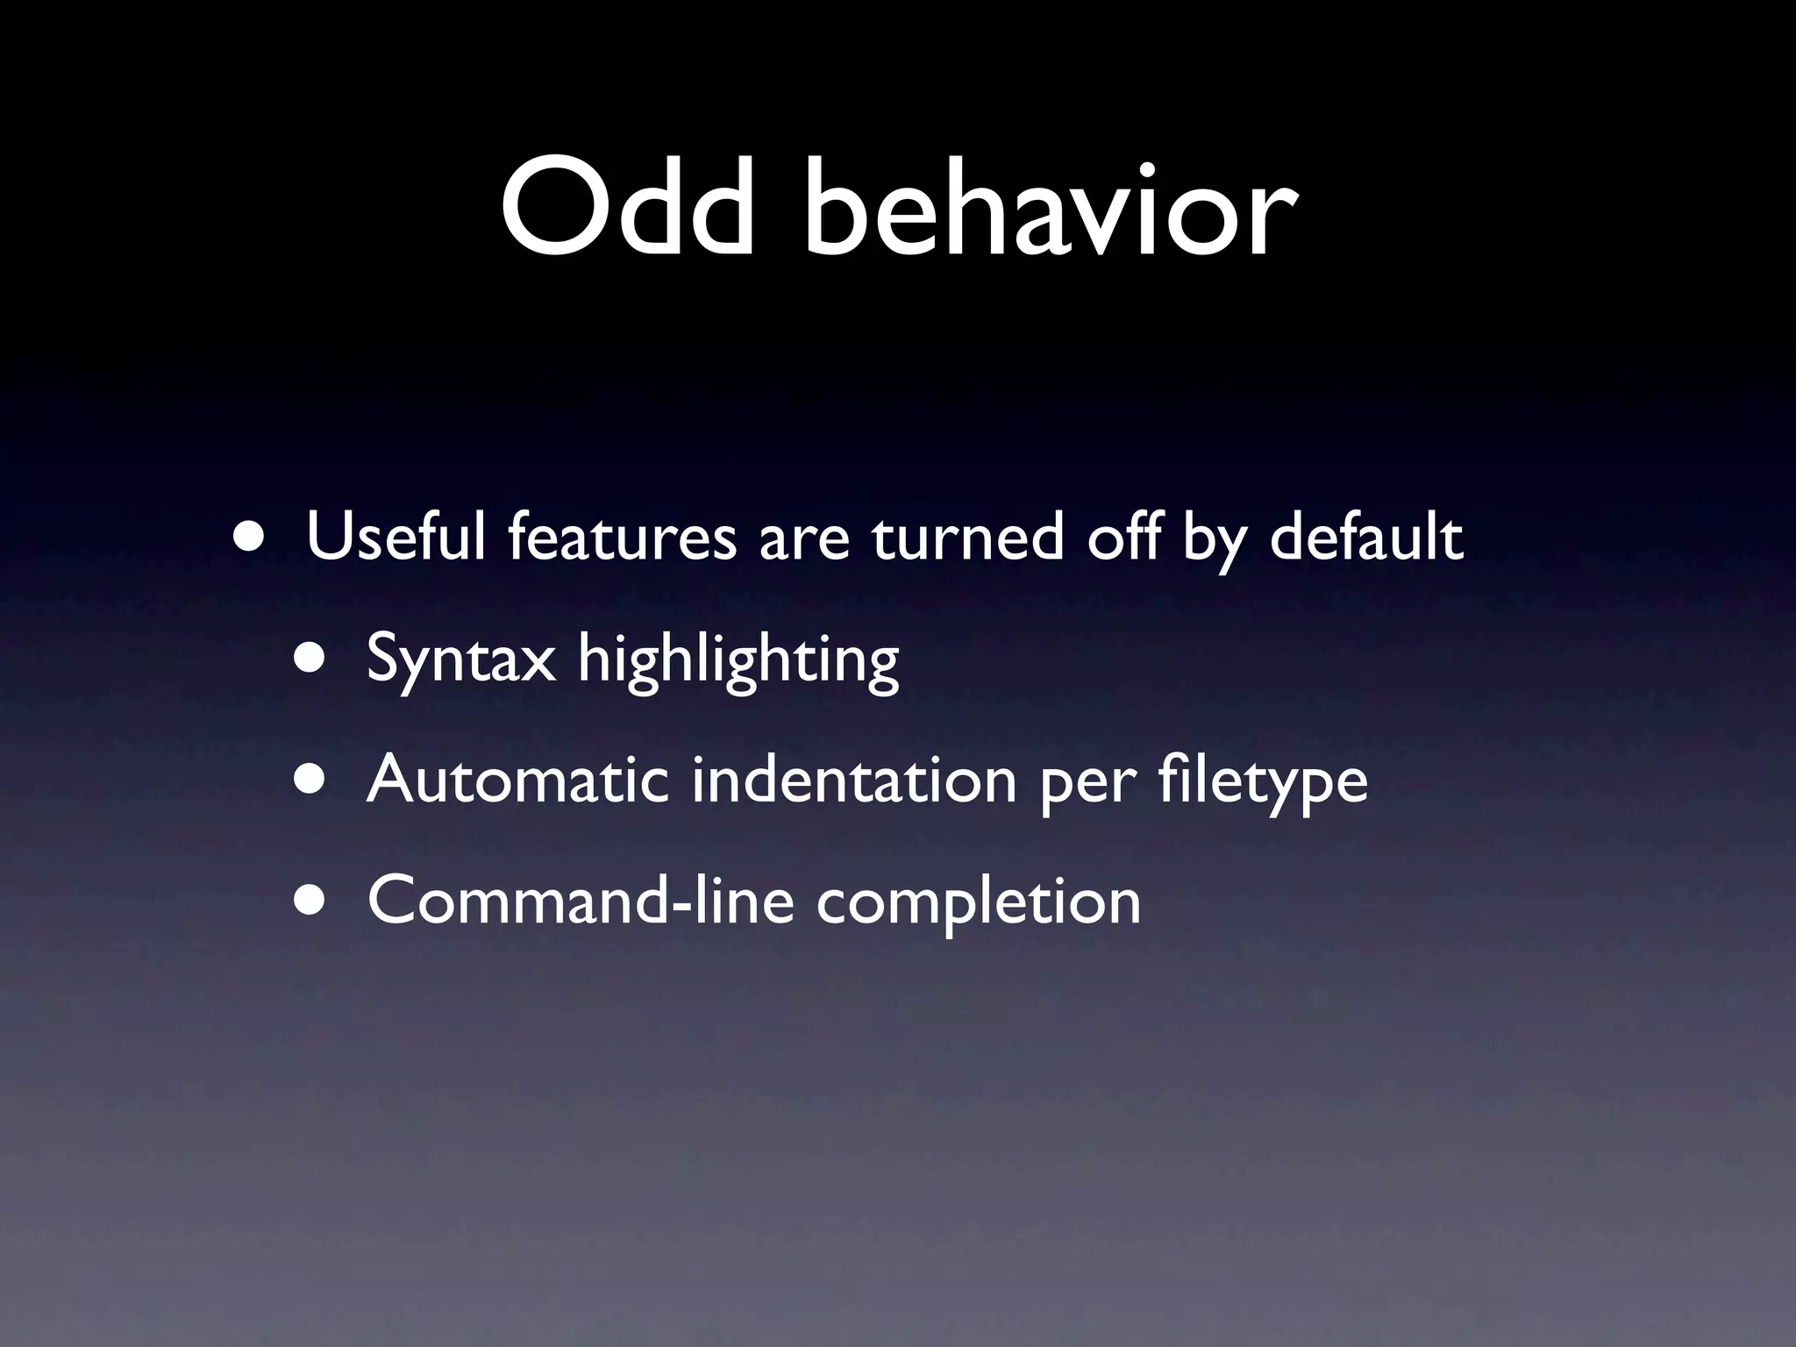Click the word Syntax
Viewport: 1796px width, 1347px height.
[x=461, y=659]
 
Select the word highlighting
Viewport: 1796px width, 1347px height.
[x=738, y=659]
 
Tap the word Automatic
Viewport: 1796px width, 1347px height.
[x=517, y=780]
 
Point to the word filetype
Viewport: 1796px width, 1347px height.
[x=1263, y=780]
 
